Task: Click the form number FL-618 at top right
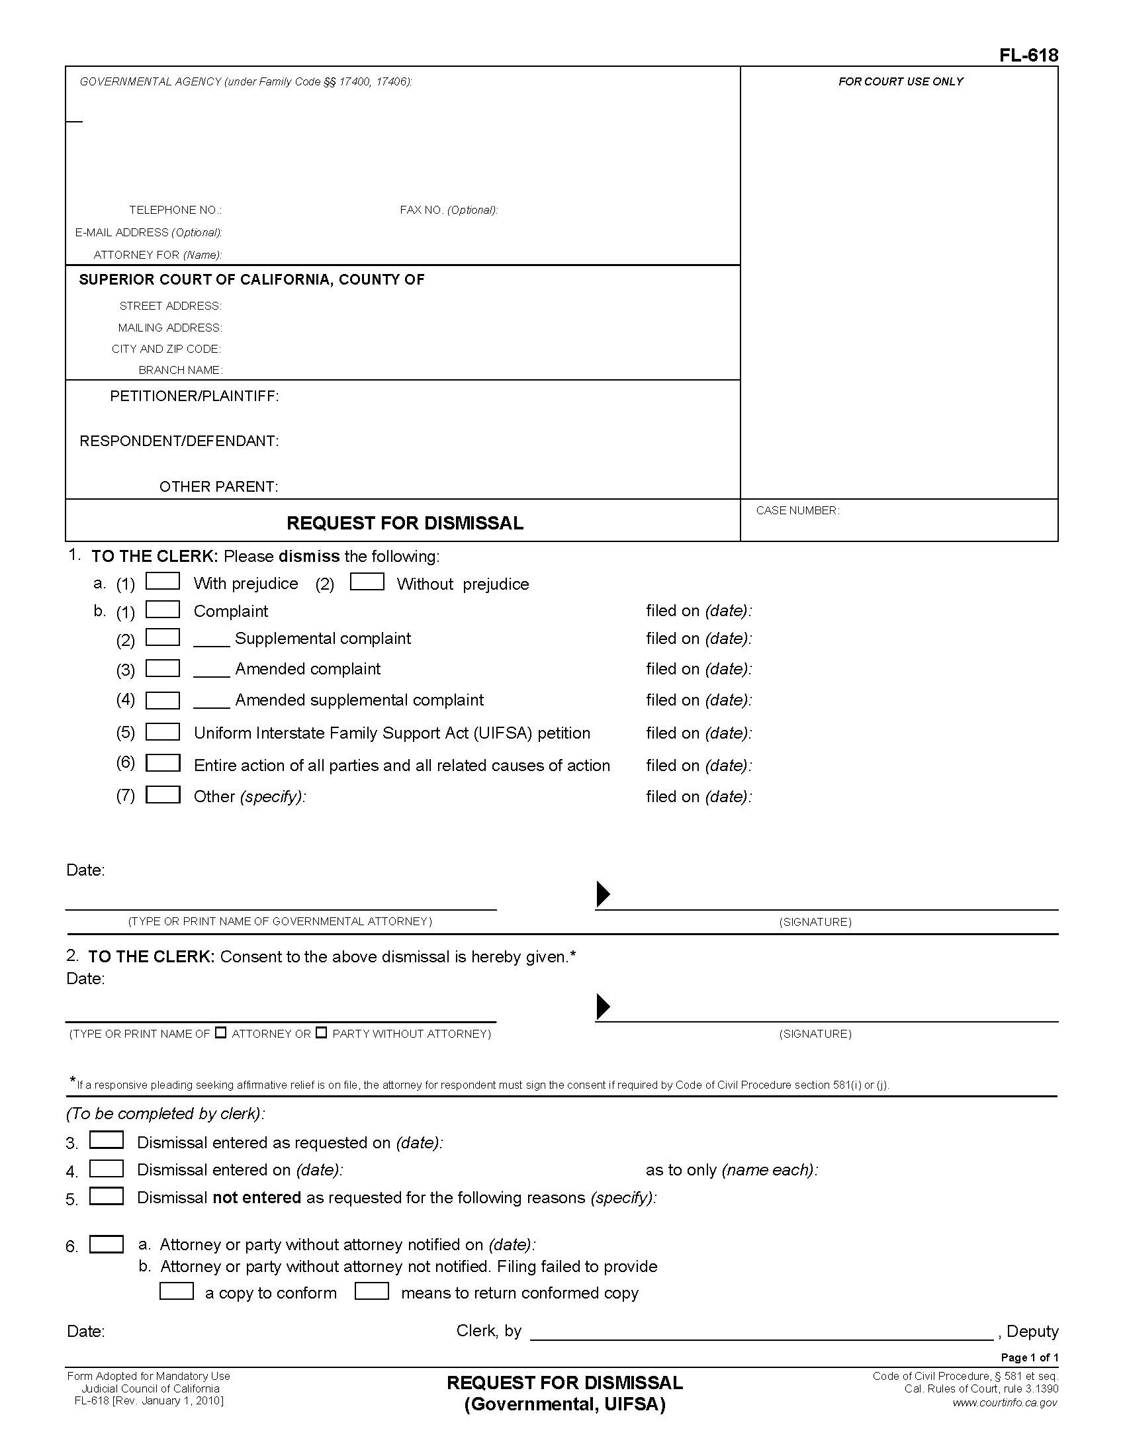(x=1028, y=56)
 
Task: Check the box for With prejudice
(x=163, y=581)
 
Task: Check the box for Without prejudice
(x=367, y=581)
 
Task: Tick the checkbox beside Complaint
(x=163, y=610)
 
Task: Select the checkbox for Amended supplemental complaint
(x=163, y=700)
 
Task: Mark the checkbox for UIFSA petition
(x=163, y=731)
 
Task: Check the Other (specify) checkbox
(x=163, y=795)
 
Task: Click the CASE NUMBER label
(x=797, y=511)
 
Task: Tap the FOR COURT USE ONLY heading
(x=901, y=81)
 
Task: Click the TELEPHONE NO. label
(x=175, y=210)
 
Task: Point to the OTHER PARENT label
(x=218, y=486)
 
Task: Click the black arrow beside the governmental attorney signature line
(x=602, y=894)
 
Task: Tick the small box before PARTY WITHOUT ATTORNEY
(x=321, y=1032)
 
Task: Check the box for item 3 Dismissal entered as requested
(x=107, y=1140)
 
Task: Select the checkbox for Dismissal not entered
(x=107, y=1196)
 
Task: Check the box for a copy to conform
(x=177, y=1291)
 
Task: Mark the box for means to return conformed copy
(x=371, y=1291)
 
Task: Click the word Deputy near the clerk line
(x=1032, y=1332)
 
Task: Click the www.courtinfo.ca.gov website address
(x=1005, y=1402)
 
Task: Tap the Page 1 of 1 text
(x=1029, y=1357)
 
